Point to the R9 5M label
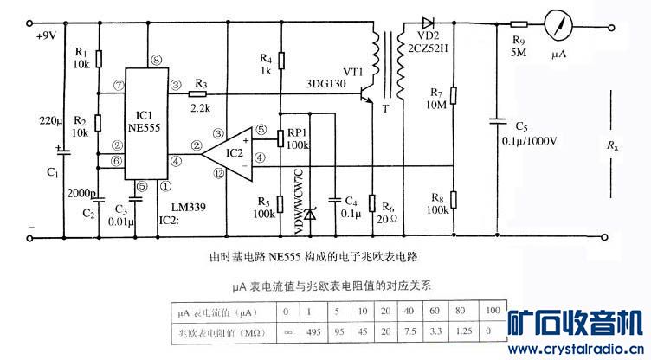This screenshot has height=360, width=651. (x=519, y=48)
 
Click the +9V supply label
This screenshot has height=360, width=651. (x=45, y=36)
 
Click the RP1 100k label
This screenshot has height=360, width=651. (x=299, y=138)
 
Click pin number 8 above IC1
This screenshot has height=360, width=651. (x=155, y=59)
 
